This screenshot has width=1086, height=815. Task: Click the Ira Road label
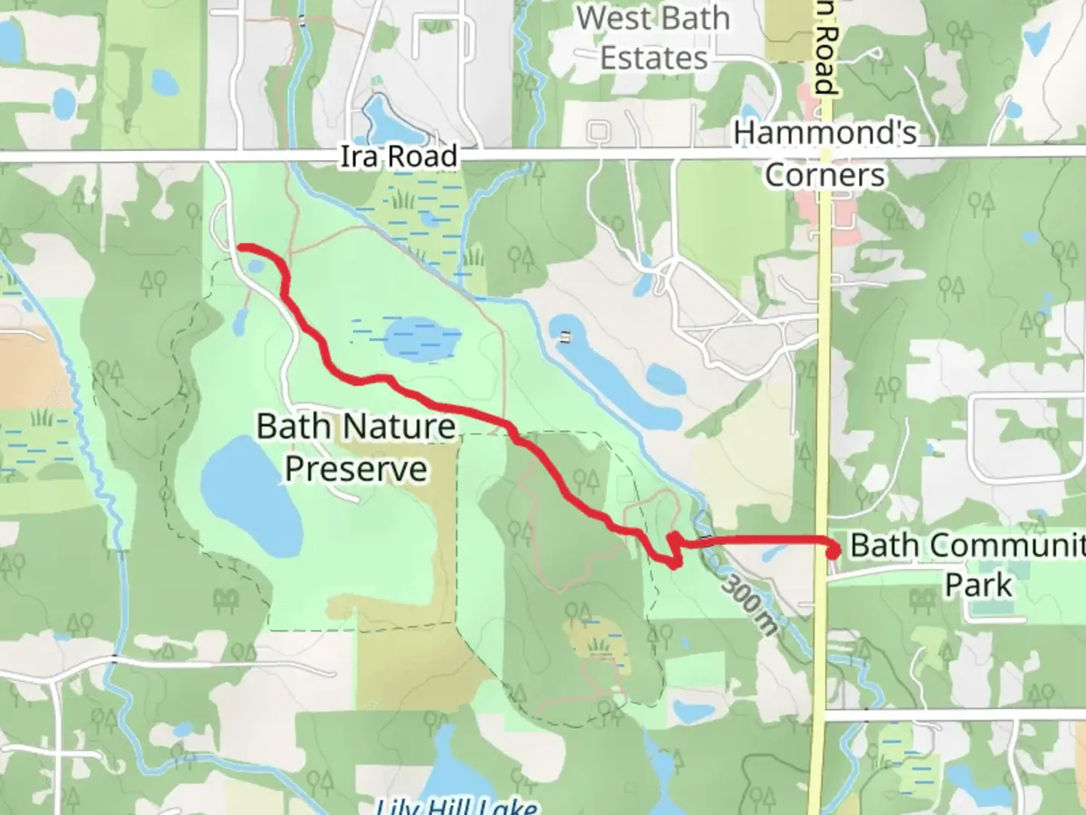coord(398,156)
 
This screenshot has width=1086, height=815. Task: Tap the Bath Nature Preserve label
coord(356,447)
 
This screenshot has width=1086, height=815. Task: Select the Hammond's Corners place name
coord(825,154)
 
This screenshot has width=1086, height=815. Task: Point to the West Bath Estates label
coord(653,38)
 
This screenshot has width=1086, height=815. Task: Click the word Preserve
coord(356,469)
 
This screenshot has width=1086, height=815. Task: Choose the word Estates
coord(653,58)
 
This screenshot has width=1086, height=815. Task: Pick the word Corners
coord(825,175)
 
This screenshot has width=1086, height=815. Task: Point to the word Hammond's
coord(825,134)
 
